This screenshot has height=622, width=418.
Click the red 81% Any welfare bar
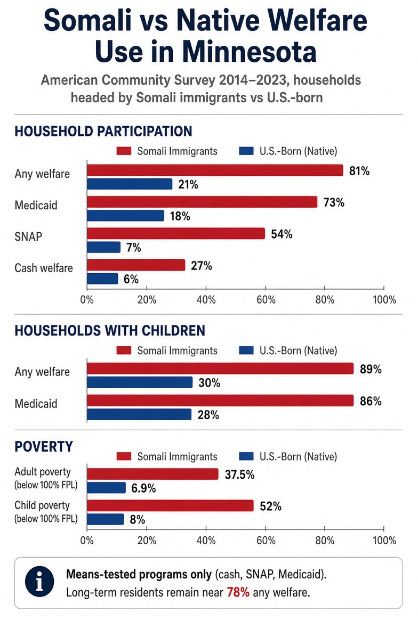click(x=215, y=170)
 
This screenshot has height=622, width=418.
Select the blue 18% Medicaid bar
click(x=125, y=215)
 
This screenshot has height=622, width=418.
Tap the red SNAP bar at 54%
click(x=176, y=233)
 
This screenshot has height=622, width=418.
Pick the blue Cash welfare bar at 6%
click(x=102, y=279)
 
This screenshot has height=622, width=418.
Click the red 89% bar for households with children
click(x=220, y=368)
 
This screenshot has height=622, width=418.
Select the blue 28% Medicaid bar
click(x=139, y=414)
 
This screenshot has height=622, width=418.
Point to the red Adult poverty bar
click(x=152, y=473)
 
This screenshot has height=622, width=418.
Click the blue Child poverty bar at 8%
click(x=105, y=519)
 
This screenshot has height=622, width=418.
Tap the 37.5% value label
click(x=239, y=474)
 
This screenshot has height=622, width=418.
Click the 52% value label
click(x=271, y=506)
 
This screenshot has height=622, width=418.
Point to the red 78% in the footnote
click(x=238, y=592)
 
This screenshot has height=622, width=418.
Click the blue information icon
click(x=39, y=582)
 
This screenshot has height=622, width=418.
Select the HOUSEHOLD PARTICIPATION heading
click(x=103, y=132)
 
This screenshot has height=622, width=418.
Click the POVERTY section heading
click(x=44, y=447)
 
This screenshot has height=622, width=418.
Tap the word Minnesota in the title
click(x=206, y=52)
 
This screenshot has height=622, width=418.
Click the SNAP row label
click(x=28, y=236)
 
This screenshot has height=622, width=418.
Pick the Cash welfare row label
click(x=44, y=268)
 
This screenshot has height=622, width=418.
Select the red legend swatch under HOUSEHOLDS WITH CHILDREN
click(x=124, y=350)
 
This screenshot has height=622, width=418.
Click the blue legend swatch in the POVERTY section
click(x=246, y=456)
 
